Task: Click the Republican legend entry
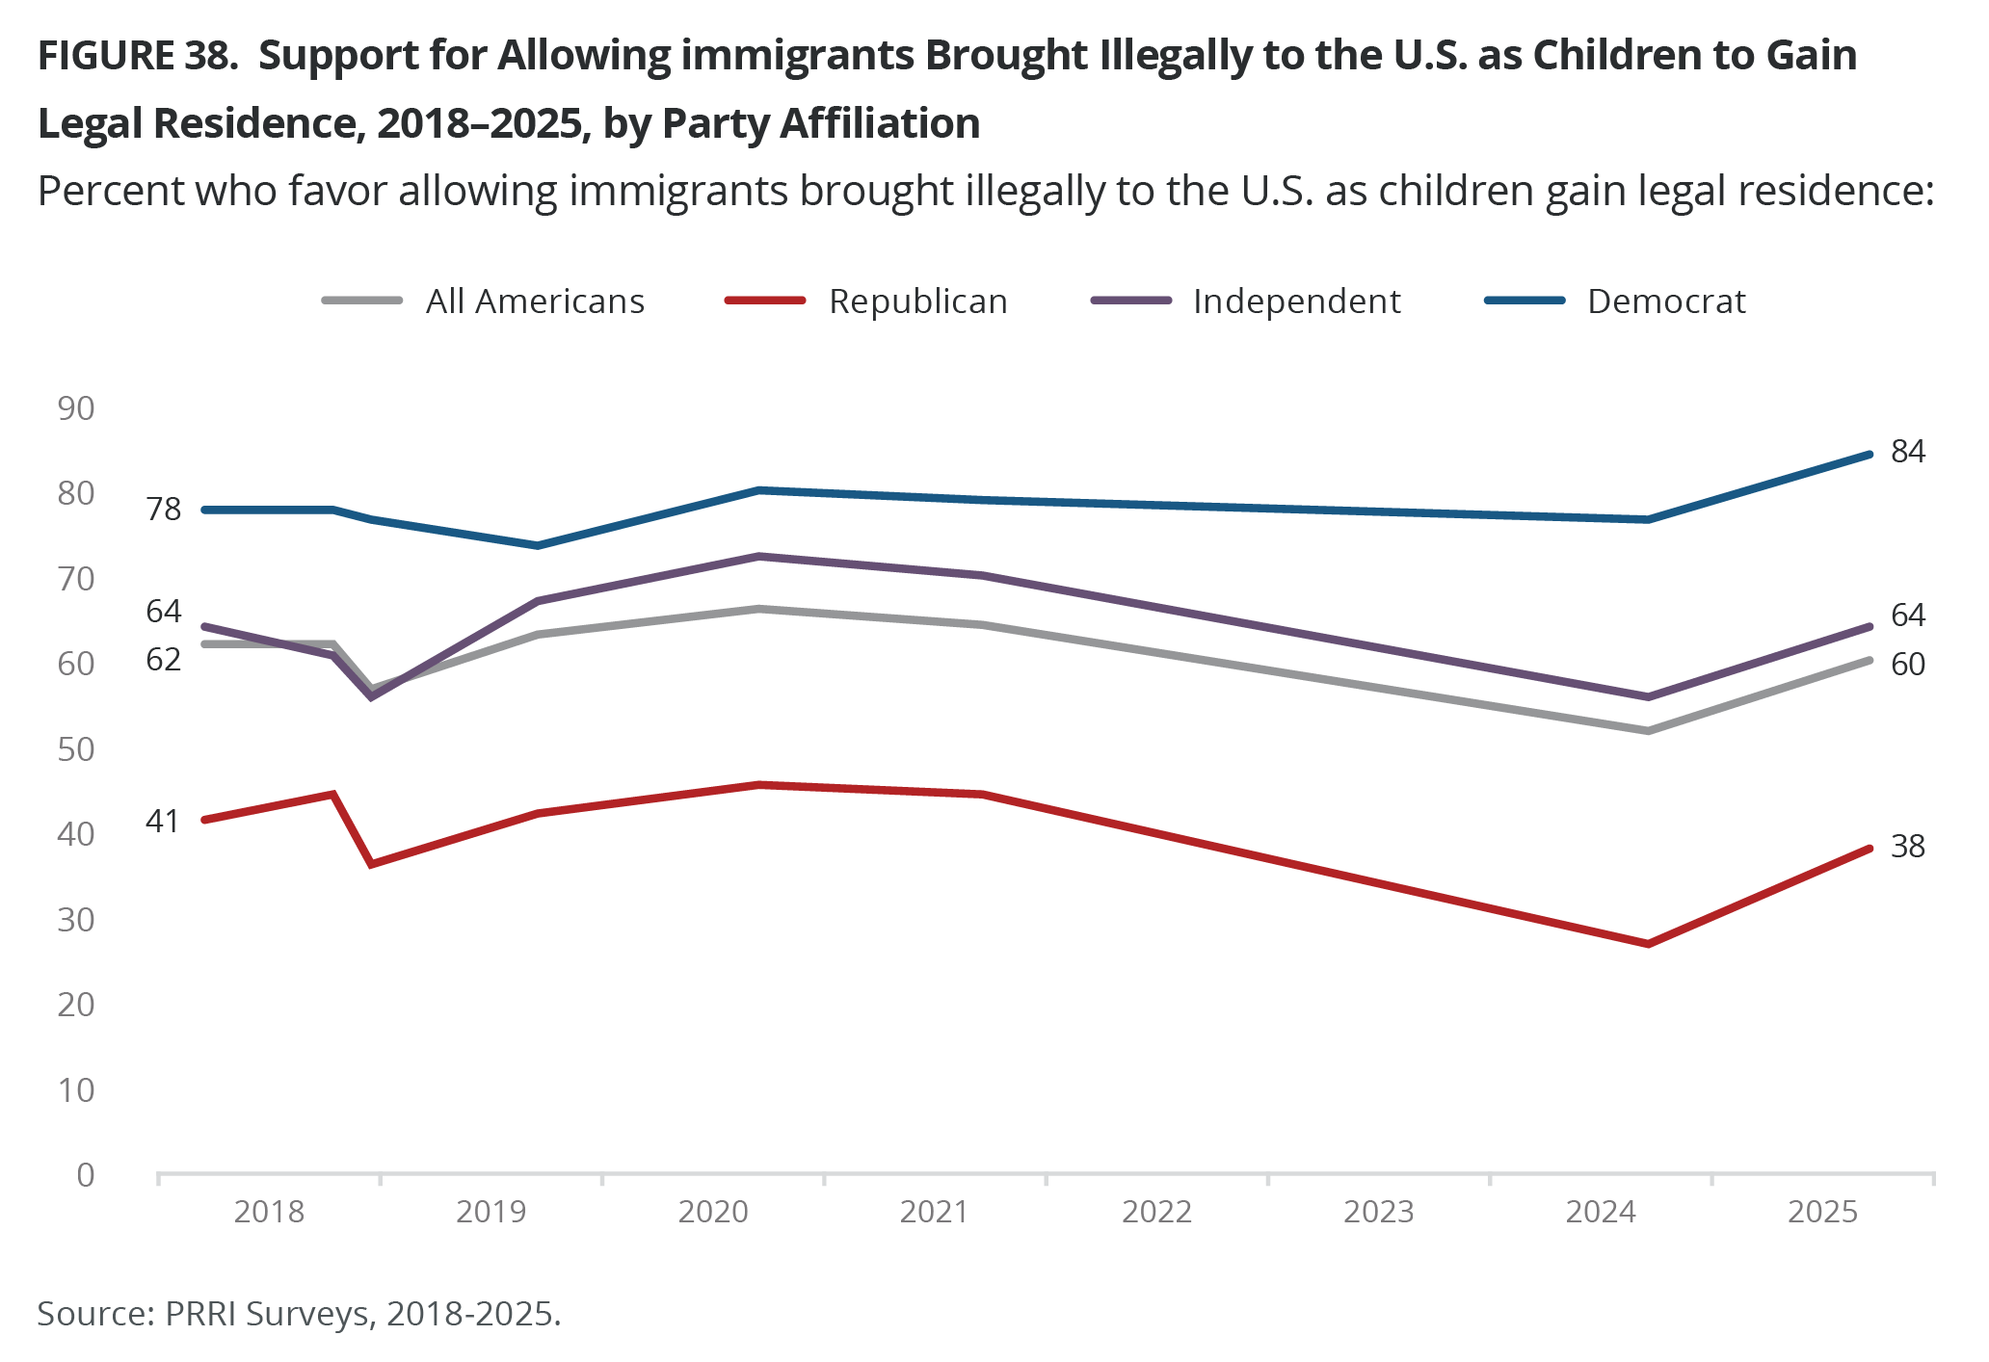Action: click(x=916, y=301)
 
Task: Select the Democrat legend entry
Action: click(x=1665, y=301)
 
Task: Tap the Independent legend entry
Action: click(x=1296, y=301)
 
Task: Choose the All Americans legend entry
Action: click(x=534, y=301)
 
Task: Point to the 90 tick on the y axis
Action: click(x=76, y=408)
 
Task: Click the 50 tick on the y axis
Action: click(x=76, y=749)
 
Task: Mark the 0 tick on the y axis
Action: click(x=86, y=1175)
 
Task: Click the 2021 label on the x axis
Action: click(x=935, y=1211)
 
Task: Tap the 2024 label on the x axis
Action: click(x=1601, y=1211)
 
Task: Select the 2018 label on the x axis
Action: click(x=269, y=1211)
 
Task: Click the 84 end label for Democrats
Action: click(x=1908, y=451)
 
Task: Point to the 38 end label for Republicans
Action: click(x=1908, y=846)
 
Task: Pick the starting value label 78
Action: click(x=164, y=509)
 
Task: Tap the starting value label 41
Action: click(x=163, y=821)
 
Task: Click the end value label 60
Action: click(x=1908, y=664)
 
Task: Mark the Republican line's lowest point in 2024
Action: click(x=1649, y=944)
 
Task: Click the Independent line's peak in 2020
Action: click(x=759, y=557)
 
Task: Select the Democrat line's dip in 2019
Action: click(x=538, y=545)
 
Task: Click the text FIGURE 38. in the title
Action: click(x=137, y=56)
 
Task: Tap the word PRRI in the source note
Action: click(x=200, y=1314)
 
